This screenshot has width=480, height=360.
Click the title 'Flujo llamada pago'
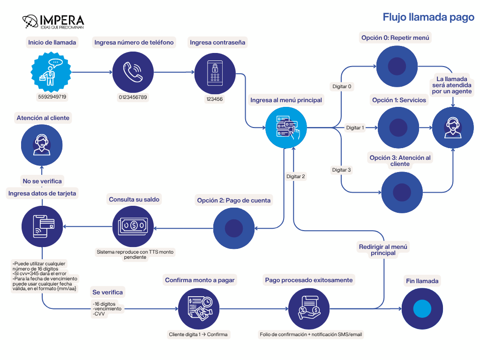point(428,18)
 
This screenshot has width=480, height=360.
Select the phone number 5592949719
point(52,97)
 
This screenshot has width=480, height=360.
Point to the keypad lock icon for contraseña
point(215,72)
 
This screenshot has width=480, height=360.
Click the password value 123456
point(215,99)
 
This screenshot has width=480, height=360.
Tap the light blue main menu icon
point(286,127)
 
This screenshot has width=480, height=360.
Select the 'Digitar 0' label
point(342,86)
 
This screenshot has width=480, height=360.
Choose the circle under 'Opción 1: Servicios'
point(397,127)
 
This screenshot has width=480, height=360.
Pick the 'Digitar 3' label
point(341,170)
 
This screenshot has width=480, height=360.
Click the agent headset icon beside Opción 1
point(452,127)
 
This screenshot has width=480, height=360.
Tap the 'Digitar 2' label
point(296,176)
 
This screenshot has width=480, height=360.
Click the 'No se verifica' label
point(42,181)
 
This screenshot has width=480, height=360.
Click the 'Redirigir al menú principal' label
point(383,250)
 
